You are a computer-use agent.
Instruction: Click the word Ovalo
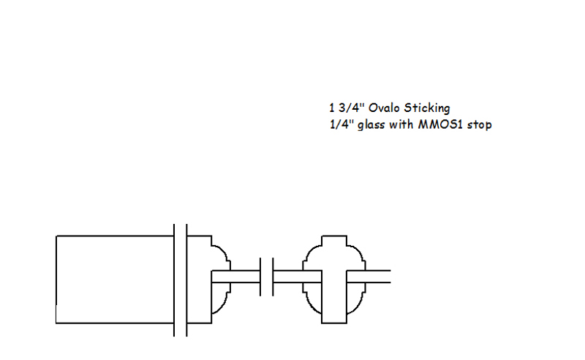tap(385, 108)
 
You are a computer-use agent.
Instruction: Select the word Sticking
tap(427, 108)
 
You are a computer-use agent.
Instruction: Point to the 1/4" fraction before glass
tap(341, 124)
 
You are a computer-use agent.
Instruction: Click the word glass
tap(371, 125)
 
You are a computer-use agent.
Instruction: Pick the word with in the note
tap(401, 124)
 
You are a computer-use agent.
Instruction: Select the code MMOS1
tap(440, 124)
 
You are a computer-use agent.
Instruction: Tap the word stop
tap(480, 125)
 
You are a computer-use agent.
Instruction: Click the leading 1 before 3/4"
tap(332, 108)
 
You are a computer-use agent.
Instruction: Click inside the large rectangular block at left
tap(115, 280)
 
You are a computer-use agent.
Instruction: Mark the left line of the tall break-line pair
tap(174, 280)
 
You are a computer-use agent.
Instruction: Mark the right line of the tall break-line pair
tap(186, 280)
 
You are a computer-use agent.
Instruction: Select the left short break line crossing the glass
tap(260, 277)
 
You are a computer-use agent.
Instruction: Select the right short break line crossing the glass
tap(273, 277)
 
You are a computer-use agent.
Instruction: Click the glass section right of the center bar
tap(369, 277)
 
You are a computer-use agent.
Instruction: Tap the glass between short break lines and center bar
tap(298, 277)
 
